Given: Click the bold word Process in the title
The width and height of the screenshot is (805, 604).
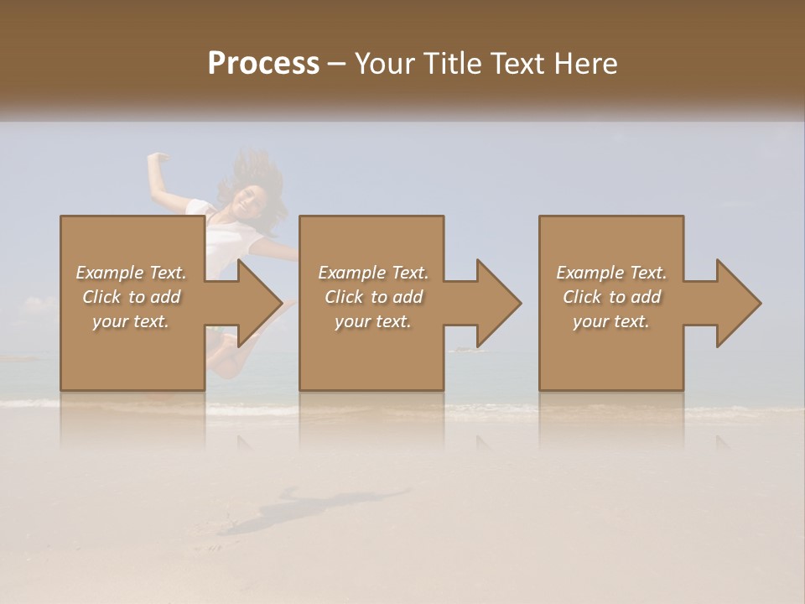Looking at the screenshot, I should [x=263, y=64].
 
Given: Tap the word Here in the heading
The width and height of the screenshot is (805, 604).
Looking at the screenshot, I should [x=586, y=64].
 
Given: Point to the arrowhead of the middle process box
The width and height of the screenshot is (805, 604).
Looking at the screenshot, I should [x=498, y=303].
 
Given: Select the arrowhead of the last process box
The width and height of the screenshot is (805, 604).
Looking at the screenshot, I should [x=738, y=303].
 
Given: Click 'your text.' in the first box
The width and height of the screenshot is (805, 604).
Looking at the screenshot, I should [x=131, y=321].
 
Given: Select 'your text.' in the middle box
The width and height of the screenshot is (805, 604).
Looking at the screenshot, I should [x=373, y=321].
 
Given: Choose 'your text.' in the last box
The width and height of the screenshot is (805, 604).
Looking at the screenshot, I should [x=611, y=321].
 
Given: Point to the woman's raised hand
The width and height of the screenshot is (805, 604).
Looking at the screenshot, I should [x=156, y=157].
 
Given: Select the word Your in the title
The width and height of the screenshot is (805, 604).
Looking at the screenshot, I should [x=383, y=64].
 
